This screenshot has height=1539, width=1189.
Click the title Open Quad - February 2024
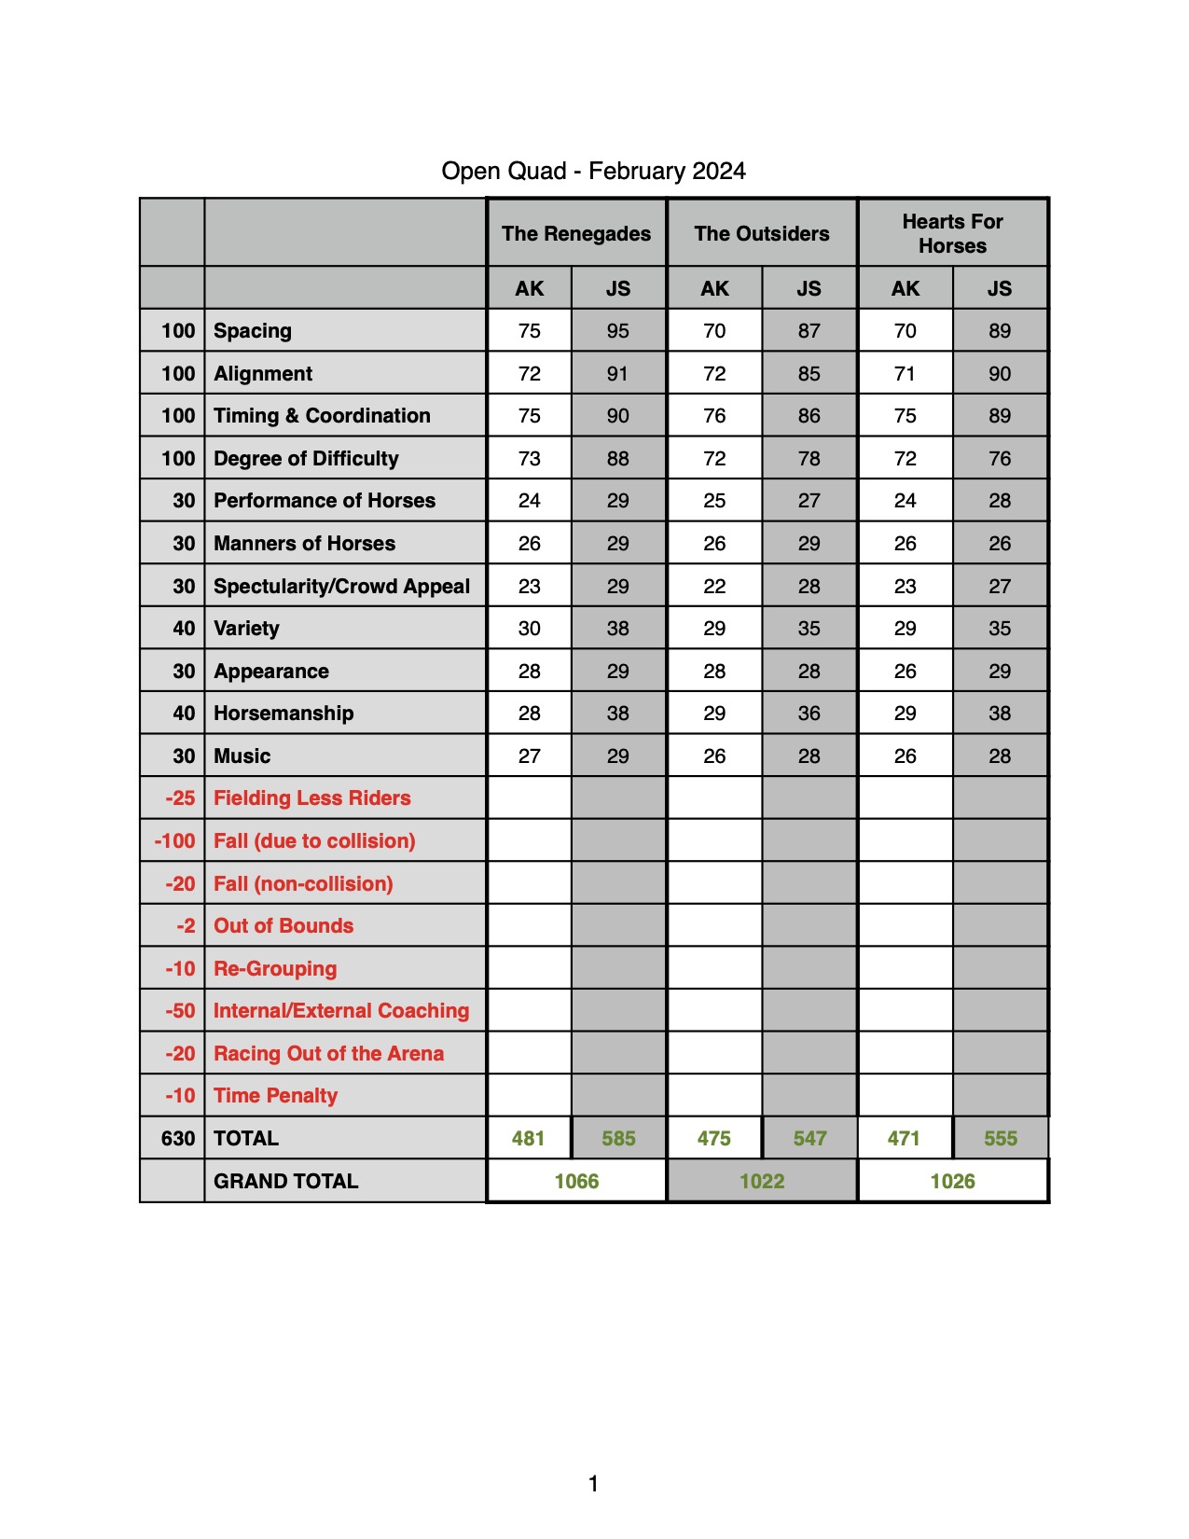(593, 172)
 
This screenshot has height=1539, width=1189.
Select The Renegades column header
(576, 234)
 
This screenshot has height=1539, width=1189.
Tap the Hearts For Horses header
(952, 234)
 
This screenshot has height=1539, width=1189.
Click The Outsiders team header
(761, 234)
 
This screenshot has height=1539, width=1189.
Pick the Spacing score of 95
(617, 331)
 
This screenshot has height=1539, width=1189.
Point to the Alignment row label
(263, 374)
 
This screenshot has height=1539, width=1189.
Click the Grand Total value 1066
(576, 1182)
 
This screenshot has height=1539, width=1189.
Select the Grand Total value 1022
(761, 1182)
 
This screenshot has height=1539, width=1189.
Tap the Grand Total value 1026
(952, 1182)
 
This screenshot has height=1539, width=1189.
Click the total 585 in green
(618, 1139)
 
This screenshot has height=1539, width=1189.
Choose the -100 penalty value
(175, 841)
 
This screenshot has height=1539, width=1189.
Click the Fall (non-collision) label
(303, 884)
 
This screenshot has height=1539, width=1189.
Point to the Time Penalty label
(275, 1096)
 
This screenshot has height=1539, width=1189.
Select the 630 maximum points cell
(177, 1139)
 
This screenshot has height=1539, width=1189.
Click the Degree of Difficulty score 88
(617, 459)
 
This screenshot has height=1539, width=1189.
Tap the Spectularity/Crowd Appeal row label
(341, 587)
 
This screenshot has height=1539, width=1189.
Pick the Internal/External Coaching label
(341, 1011)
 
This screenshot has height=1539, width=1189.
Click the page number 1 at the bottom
(593, 1483)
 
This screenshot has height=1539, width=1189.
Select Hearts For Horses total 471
(903, 1139)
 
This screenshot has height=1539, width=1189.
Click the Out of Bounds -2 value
(186, 926)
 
